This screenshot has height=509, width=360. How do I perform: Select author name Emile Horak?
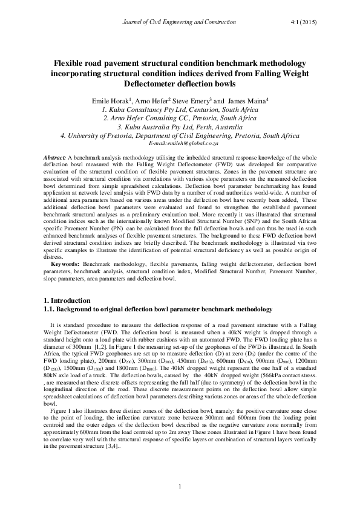coord(111,100)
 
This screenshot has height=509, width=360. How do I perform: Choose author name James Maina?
coord(249,100)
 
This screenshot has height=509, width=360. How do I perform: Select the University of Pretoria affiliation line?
coord(180,137)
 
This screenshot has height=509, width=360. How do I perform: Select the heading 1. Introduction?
coord(70,300)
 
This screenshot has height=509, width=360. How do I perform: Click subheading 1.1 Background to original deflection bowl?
coord(159,309)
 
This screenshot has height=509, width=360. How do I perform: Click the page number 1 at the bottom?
coord(180,487)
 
